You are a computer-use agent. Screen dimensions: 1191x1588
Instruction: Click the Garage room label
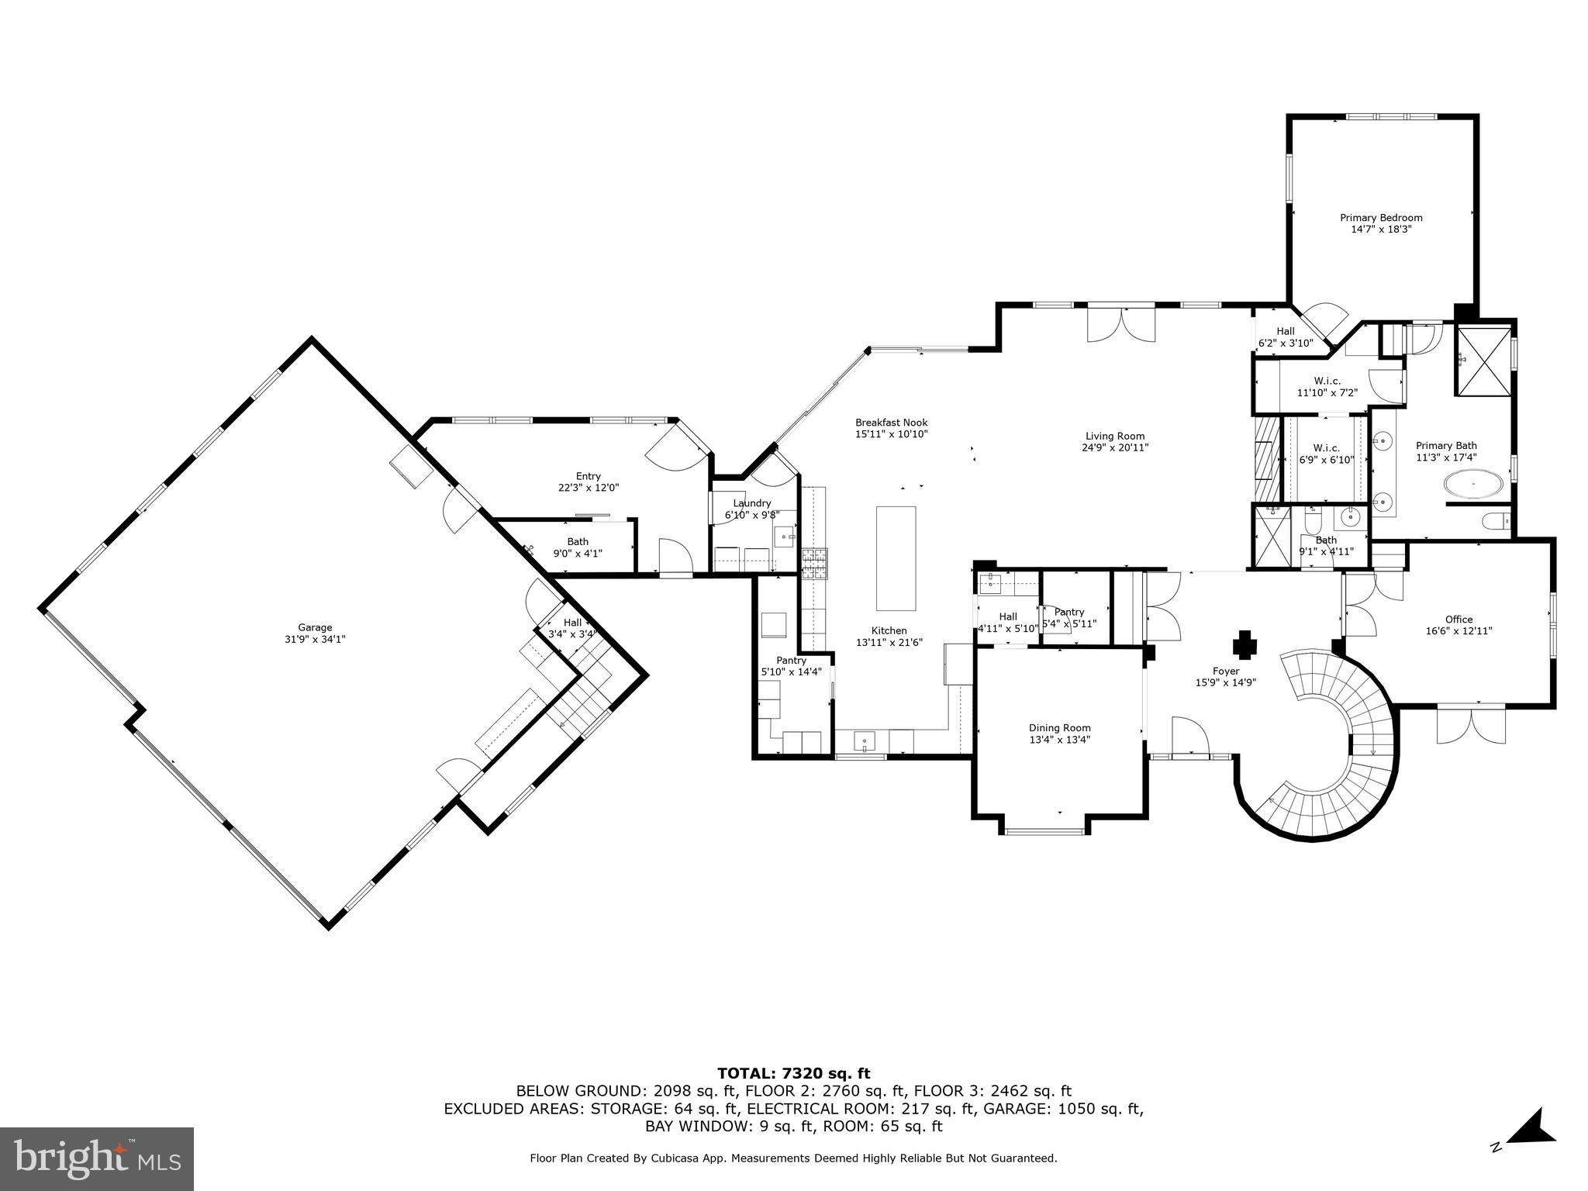(315, 627)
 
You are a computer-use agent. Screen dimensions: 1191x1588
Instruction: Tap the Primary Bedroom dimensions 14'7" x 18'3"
(1381, 230)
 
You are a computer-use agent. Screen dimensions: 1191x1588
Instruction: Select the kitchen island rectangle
(896, 558)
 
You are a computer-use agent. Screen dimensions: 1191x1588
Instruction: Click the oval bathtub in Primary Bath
(1473, 485)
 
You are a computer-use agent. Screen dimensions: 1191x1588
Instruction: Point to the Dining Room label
(1059, 727)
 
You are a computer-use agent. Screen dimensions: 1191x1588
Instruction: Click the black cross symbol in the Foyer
(1245, 644)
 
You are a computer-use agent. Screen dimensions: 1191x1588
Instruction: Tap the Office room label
(1459, 619)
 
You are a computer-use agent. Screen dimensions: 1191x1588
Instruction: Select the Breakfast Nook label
(891, 423)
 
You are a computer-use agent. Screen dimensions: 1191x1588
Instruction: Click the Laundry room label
(751, 502)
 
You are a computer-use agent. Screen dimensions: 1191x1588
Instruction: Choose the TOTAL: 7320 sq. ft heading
(793, 1073)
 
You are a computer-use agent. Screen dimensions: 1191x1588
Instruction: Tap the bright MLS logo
(97, 1158)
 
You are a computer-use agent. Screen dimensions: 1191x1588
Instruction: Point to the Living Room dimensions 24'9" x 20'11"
(1115, 447)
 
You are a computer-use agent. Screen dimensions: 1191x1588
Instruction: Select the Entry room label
(588, 476)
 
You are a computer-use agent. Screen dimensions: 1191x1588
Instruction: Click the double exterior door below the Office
(1471, 725)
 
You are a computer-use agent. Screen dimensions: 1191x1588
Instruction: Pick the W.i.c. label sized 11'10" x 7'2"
(1327, 381)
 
